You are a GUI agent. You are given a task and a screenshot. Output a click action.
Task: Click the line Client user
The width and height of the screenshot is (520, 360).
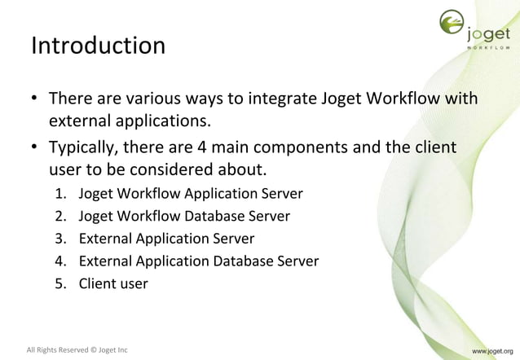113,284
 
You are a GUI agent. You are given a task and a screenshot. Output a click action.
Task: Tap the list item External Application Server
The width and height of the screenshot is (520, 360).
166,239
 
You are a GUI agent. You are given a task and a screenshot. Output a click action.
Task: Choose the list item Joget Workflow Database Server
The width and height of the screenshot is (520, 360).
183,217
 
